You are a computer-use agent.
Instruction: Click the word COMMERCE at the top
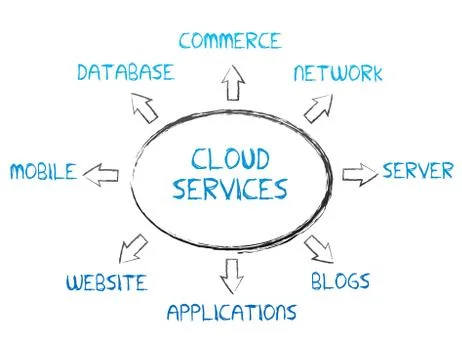(230, 41)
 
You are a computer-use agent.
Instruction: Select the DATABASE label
(125, 72)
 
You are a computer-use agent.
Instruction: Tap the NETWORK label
(338, 74)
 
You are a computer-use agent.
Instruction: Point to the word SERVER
(417, 171)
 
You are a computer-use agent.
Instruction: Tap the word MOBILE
(43, 171)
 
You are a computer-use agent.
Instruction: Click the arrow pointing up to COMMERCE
(234, 84)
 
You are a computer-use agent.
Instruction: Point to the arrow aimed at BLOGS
(319, 247)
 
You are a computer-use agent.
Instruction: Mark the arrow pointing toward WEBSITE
(133, 247)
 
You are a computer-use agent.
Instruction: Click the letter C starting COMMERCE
(186, 41)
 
